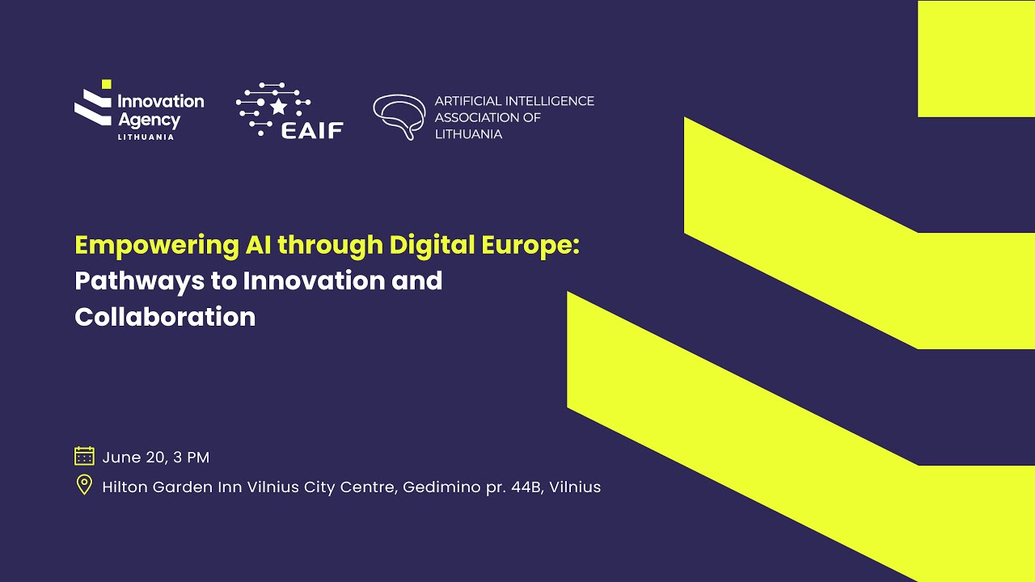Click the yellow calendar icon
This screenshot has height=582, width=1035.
click(x=84, y=456)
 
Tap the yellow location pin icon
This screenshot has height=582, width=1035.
click(x=84, y=485)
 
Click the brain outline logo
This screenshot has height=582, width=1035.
click(x=399, y=116)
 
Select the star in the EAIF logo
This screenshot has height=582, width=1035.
click(x=278, y=106)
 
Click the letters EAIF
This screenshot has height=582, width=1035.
click(x=312, y=129)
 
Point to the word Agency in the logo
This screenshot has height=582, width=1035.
click(x=149, y=120)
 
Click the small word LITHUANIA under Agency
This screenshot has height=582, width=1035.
click(x=146, y=137)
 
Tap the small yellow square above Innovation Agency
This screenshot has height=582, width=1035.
click(x=106, y=84)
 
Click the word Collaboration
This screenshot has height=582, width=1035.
click(x=165, y=316)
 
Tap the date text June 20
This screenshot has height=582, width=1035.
click(x=133, y=457)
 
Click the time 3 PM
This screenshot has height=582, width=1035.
click(x=192, y=457)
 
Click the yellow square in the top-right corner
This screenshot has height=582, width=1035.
click(x=976, y=58)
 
